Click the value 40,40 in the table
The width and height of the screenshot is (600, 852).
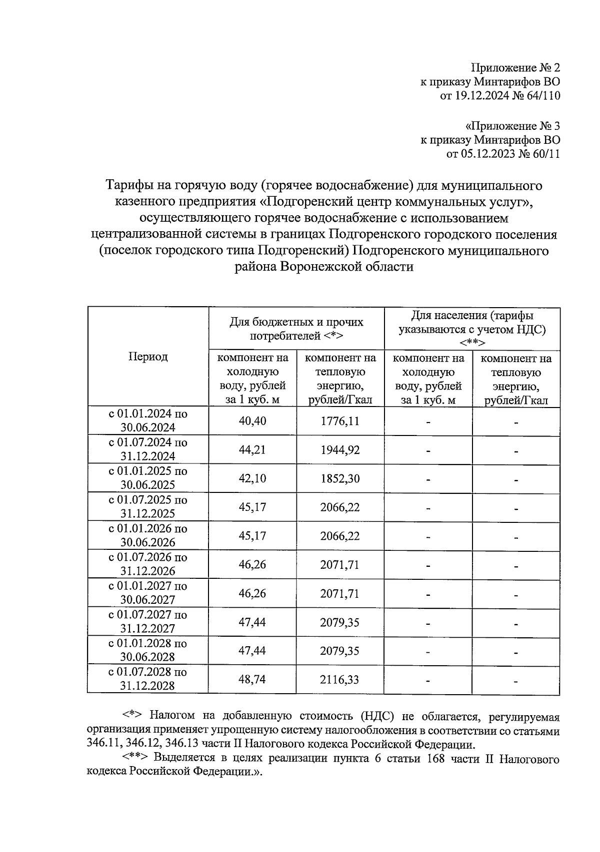tap(252, 421)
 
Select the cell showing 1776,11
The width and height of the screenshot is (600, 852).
tap(340, 421)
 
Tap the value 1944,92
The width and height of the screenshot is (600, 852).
tap(340, 450)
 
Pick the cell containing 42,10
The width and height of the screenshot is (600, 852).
tap(252, 478)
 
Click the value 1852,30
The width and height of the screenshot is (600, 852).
tap(340, 478)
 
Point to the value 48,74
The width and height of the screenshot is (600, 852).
tap(252, 680)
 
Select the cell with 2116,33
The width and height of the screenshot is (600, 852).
tap(340, 680)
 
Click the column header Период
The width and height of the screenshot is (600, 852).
tap(148, 357)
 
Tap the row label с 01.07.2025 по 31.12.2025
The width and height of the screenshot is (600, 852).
tap(148, 507)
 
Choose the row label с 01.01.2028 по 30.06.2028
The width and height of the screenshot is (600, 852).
tap(148, 650)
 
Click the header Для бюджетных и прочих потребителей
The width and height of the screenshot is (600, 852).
tap(296, 329)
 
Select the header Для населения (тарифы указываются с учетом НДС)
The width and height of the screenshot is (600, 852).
tap(472, 329)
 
